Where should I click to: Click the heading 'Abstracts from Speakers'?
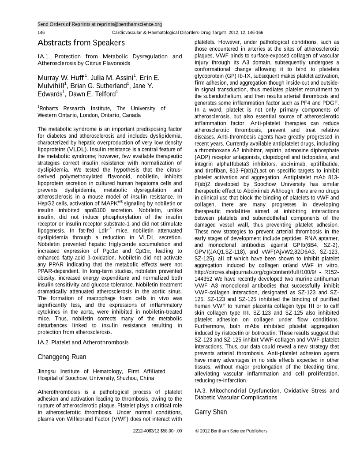(81, 43)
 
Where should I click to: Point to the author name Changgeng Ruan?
(62, 357)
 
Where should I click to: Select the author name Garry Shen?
(211, 412)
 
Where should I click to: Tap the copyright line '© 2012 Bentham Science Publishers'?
(231, 431)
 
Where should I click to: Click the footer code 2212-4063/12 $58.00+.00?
(157, 431)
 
